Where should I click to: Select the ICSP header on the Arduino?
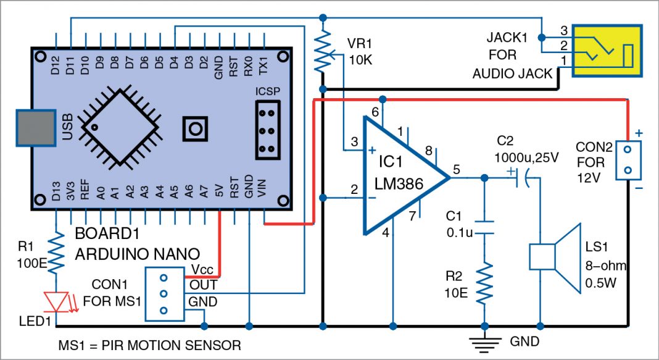pyautogui.click(x=268, y=132)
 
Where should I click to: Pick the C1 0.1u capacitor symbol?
pyautogui.click(x=484, y=227)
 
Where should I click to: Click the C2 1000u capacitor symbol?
pyautogui.click(x=520, y=178)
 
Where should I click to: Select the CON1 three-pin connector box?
pyautogui.click(x=164, y=294)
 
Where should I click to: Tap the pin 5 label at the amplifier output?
pyautogui.click(x=457, y=168)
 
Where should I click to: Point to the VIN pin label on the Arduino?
pyautogui.click(x=264, y=193)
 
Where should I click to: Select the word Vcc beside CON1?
pyautogui.click(x=202, y=270)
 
